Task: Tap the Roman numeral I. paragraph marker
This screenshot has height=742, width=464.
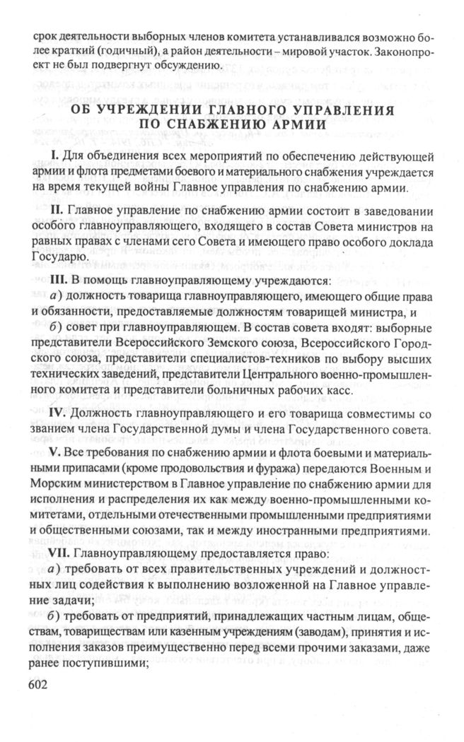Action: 52,155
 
